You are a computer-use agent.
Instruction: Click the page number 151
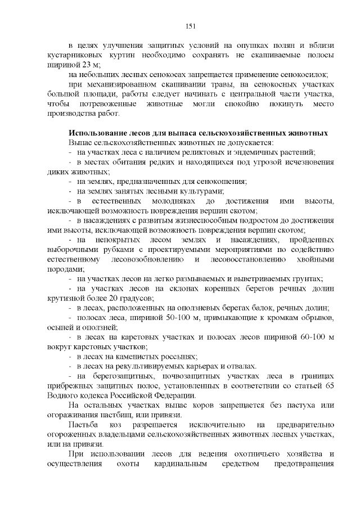click(190, 26)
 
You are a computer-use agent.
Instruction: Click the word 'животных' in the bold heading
click(304, 133)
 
